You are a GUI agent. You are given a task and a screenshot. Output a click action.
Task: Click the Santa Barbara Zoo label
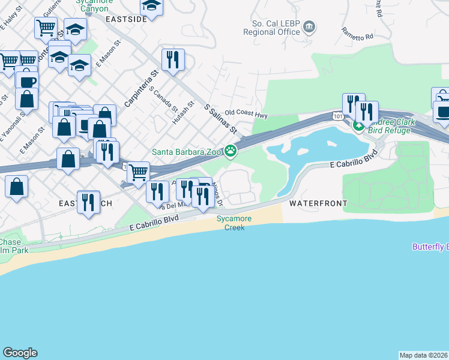(187, 151)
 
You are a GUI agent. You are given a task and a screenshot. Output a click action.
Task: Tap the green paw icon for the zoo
(230, 151)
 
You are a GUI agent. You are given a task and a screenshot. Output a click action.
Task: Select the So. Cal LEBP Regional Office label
(272, 27)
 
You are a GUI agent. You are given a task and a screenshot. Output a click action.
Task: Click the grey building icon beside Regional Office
(309, 26)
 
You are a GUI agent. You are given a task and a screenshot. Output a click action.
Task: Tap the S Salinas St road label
(221, 118)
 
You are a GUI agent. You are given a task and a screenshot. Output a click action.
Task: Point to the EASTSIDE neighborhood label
(126, 19)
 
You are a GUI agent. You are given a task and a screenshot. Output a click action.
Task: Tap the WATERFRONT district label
(318, 203)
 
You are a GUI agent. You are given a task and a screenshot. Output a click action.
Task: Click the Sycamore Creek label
(235, 223)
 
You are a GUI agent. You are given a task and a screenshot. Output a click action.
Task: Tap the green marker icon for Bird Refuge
(358, 126)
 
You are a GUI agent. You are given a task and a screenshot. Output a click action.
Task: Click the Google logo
(20, 353)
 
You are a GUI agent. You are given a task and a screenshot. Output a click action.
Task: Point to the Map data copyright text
(423, 355)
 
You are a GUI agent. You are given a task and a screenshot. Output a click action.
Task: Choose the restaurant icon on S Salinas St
(173, 60)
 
